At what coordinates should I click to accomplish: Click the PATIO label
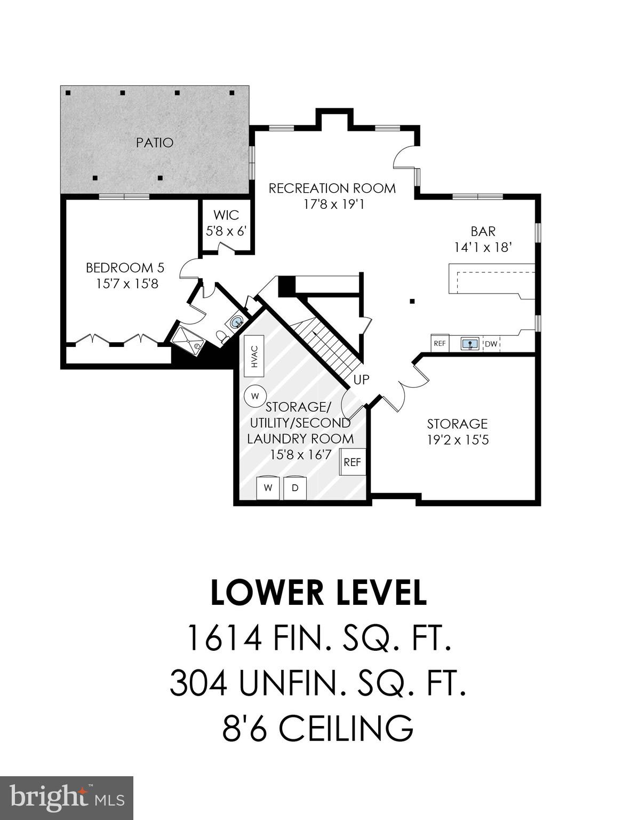click(x=154, y=143)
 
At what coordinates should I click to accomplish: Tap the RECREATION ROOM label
click(x=332, y=188)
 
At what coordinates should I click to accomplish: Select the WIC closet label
click(x=226, y=216)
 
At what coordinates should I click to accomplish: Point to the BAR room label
click(x=483, y=231)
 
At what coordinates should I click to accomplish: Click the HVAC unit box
click(x=254, y=356)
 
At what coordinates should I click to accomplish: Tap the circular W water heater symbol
click(x=254, y=396)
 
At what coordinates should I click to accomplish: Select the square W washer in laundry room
click(x=269, y=488)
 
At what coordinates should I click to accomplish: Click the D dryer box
click(x=295, y=488)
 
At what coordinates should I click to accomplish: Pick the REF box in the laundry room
click(x=352, y=462)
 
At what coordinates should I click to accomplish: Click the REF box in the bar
click(x=440, y=344)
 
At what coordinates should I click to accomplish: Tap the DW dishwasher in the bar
click(x=491, y=344)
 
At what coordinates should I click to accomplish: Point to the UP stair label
click(x=361, y=380)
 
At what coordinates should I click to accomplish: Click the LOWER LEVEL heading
click(x=318, y=593)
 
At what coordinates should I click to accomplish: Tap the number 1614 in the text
click(x=223, y=638)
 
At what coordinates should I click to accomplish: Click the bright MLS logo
click(x=67, y=799)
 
